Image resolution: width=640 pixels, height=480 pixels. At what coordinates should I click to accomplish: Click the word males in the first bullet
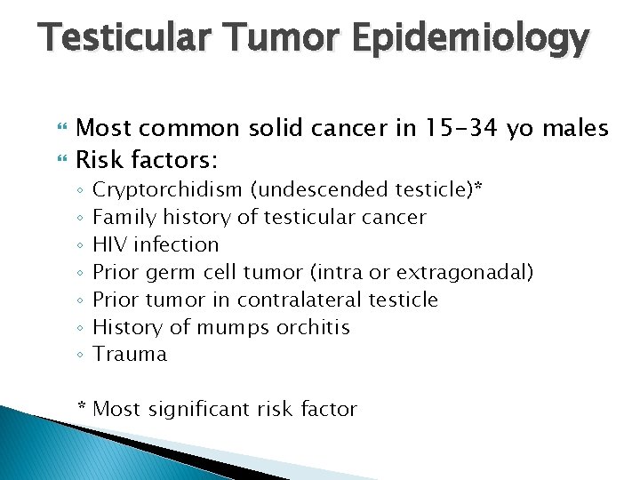[572, 130]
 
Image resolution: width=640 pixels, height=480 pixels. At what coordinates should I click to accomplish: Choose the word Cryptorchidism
[167, 190]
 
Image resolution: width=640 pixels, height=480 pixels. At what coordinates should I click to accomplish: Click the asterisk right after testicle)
[480, 188]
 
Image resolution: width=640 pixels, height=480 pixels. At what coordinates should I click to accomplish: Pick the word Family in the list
[123, 218]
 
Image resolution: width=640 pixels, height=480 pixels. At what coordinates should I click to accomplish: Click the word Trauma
[130, 355]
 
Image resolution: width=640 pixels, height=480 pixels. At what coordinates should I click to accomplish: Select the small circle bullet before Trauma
[81, 356]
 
